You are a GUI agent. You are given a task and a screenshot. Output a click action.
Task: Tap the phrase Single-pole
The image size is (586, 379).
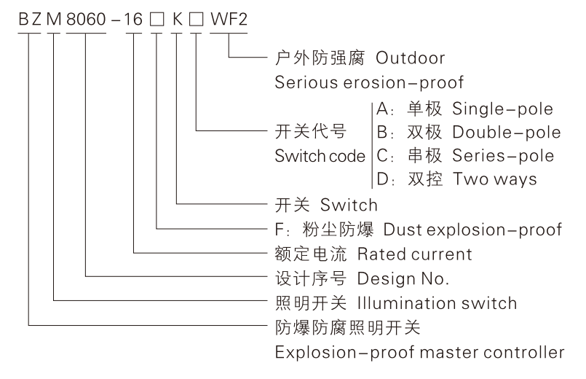click(502, 109)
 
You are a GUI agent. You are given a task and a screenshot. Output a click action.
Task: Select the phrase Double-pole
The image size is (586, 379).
click(506, 133)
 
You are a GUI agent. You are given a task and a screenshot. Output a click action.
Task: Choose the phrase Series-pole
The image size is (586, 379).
click(503, 156)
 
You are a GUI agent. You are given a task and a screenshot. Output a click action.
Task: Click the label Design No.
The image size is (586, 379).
click(403, 278)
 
